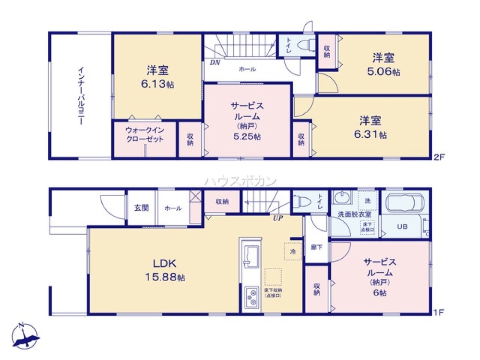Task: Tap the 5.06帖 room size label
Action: click(384, 72)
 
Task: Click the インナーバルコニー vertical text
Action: click(81, 95)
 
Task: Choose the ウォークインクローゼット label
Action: click(144, 134)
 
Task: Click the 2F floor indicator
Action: click(439, 156)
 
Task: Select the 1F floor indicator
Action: click(439, 312)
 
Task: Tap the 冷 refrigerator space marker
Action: click(292, 251)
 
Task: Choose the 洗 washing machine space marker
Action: click(368, 200)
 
